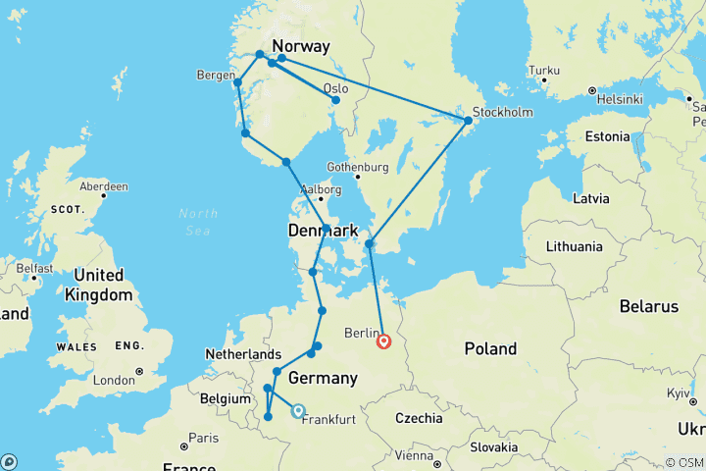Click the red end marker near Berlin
click(384, 340)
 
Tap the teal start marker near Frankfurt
click(297, 412)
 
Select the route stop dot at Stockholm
click(468, 121)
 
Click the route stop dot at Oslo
click(335, 100)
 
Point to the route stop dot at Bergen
click(237, 82)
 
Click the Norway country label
click(300, 46)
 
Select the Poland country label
click(490, 348)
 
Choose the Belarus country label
click(650, 306)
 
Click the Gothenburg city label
click(359, 166)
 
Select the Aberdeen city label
click(105, 185)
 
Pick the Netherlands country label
click(244, 353)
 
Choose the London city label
click(114, 380)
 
